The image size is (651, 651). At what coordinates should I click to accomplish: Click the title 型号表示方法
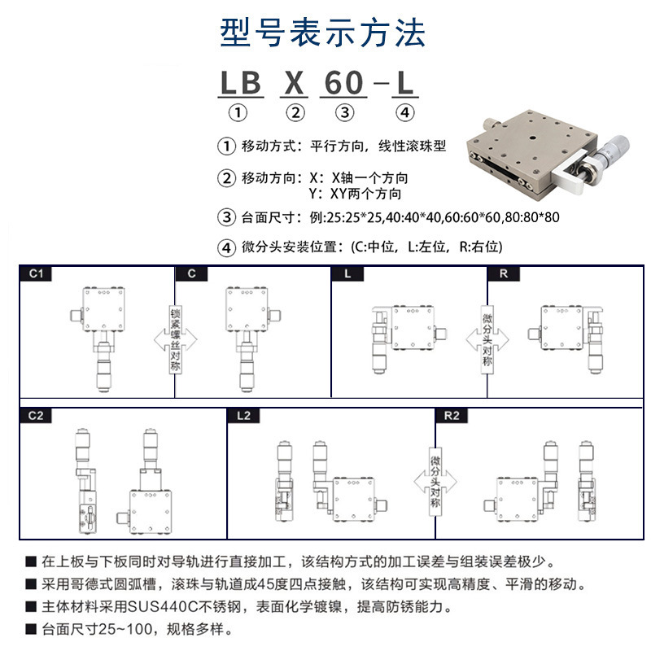click(x=323, y=33)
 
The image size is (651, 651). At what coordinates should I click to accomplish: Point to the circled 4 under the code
click(x=404, y=113)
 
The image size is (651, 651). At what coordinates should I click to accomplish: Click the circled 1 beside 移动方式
click(x=225, y=147)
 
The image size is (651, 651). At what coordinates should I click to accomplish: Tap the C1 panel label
click(x=35, y=274)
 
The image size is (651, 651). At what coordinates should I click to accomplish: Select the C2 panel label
click(x=35, y=415)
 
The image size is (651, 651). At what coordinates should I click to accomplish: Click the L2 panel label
click(x=242, y=415)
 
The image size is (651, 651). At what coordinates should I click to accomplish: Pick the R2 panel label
click(x=452, y=415)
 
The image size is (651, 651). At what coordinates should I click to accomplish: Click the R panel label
click(x=504, y=274)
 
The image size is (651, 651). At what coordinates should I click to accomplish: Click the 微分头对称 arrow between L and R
click(x=487, y=338)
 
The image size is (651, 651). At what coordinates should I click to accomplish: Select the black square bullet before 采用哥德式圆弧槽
click(x=30, y=585)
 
